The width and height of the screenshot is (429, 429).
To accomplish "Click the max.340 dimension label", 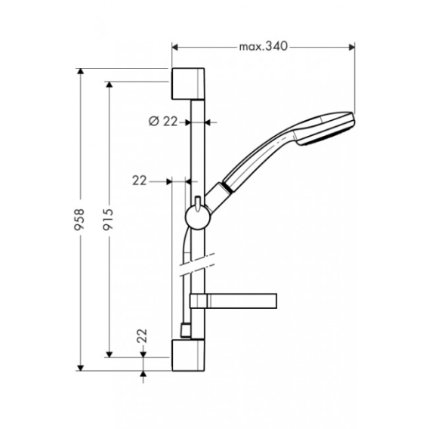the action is point(264,47).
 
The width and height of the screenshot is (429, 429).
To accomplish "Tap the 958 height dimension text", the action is point(79,220).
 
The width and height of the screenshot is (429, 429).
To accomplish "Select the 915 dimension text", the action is point(108,219).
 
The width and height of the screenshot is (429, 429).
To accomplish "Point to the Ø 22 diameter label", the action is point(163,121).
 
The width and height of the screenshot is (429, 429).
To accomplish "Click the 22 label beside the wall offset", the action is point(140,181).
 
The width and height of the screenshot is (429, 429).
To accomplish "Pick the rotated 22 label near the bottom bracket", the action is point(142,335).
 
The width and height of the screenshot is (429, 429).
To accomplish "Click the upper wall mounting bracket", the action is point(188,83).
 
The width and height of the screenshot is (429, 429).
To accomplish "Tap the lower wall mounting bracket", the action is point(188,355).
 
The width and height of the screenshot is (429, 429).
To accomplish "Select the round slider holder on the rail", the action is point(198,218).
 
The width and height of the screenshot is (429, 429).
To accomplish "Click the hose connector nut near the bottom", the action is point(186,331).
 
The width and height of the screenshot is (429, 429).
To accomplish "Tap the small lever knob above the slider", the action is point(198,204).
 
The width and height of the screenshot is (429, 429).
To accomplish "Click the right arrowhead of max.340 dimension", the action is point(352,48).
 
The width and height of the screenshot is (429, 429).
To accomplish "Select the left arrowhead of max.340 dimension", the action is point(174,48).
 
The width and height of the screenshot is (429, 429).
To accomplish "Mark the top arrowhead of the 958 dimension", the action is point(80,71).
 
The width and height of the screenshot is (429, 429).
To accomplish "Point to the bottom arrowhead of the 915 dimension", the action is point(110,354).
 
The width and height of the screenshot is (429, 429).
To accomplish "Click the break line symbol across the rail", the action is point(197,265).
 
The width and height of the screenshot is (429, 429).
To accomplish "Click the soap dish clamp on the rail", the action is point(199,301).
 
